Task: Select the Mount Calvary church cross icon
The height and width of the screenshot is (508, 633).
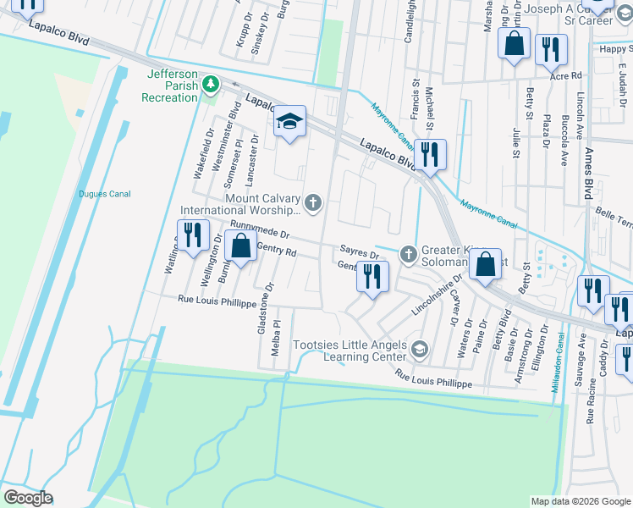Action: [x=313, y=202]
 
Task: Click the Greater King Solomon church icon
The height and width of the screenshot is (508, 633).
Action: [x=408, y=252]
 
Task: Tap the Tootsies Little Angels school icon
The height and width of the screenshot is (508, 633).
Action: [x=418, y=349]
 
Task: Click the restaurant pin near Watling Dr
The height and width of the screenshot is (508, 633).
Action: [x=192, y=235]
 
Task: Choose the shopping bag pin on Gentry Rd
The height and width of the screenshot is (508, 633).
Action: [x=241, y=247]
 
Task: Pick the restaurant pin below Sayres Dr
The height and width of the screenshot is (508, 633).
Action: [x=372, y=276]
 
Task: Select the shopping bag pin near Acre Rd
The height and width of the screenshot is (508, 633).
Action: [x=514, y=44]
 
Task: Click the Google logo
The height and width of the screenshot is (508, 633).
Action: [x=29, y=497]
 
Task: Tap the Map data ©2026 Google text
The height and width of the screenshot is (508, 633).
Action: [x=580, y=501]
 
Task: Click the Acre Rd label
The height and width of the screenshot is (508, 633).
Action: [x=565, y=76]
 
